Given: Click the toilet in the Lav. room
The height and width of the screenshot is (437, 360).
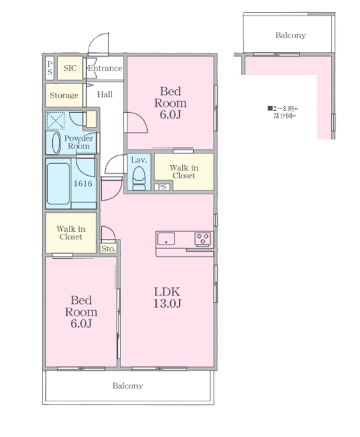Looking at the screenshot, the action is click(x=139, y=178).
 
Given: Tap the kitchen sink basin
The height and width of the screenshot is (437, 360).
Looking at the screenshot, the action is click(x=166, y=239).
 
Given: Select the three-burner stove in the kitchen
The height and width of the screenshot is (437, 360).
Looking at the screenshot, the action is click(x=203, y=239).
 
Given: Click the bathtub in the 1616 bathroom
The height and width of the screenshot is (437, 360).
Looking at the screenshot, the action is click(x=58, y=183).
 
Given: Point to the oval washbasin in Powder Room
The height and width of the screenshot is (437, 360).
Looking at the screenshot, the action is click(x=56, y=143).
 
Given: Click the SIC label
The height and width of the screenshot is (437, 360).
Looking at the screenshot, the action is click(x=70, y=68).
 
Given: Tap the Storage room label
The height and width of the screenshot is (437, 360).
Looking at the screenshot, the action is click(x=64, y=96).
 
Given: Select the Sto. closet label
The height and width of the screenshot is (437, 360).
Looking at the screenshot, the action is click(x=108, y=248).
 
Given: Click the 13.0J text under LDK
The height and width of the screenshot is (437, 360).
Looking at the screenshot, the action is click(x=168, y=303).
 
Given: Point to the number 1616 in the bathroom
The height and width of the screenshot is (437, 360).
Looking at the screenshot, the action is click(x=83, y=183).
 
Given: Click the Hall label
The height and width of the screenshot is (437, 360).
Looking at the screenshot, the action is click(x=105, y=94).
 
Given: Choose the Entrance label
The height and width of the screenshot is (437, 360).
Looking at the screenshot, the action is click(x=105, y=68).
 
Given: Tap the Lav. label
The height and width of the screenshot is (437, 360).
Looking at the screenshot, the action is click(x=139, y=160).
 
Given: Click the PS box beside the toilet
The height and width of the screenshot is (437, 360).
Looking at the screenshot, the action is click(x=162, y=187).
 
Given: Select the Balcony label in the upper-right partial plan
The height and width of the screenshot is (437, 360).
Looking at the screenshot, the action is click(x=291, y=36).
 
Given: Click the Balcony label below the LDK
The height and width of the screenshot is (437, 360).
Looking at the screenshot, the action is click(x=127, y=386).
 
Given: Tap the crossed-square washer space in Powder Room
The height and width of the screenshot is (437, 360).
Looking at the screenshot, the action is click(x=55, y=120).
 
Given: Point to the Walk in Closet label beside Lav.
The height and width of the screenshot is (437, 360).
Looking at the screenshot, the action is click(x=184, y=172).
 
